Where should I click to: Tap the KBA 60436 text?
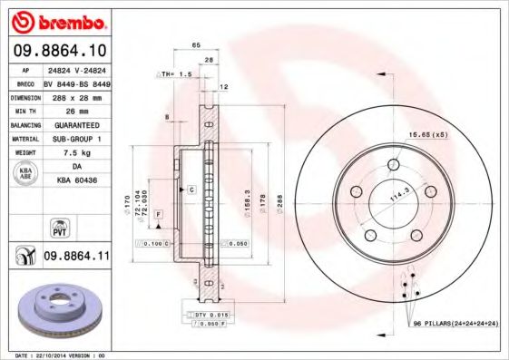[76, 182]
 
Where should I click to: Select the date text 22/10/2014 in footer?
[52, 355]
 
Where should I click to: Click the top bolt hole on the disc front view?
[394, 164]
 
